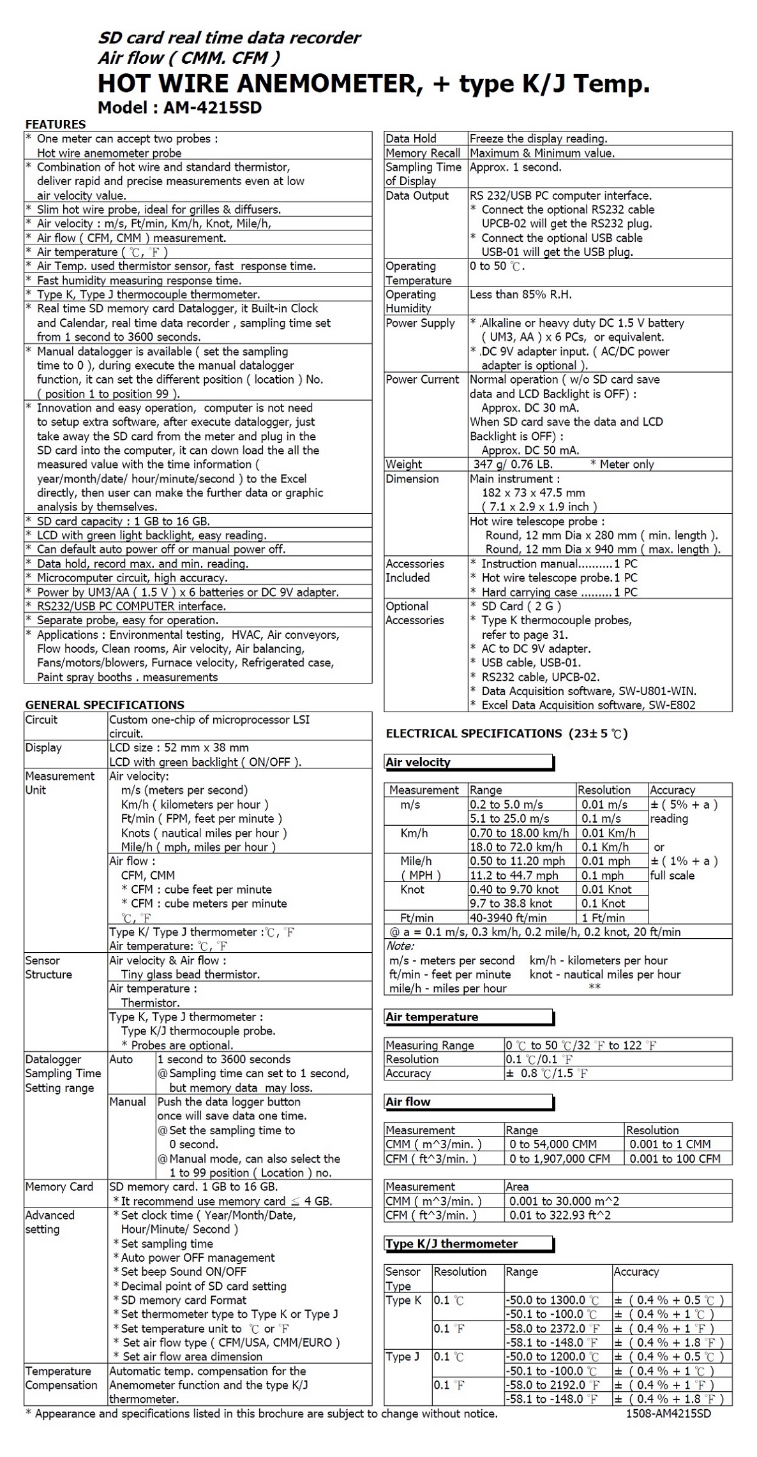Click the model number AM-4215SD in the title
(212, 108)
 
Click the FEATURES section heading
(56, 124)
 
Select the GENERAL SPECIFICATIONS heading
(105, 705)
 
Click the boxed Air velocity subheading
(418, 762)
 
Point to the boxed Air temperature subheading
(432, 1017)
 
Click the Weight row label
(403, 464)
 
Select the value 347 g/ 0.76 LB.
(513, 464)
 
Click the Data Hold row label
(411, 138)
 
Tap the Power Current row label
(422, 380)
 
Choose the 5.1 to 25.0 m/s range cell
(509, 818)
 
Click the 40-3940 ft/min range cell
(508, 918)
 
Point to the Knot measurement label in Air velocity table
(412, 890)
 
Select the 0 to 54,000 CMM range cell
(553, 1144)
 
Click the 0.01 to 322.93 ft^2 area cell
(560, 1215)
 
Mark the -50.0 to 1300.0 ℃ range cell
(552, 1300)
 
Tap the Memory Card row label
(59, 1187)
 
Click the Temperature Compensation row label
(61, 1379)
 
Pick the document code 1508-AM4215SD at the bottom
(668, 1413)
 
